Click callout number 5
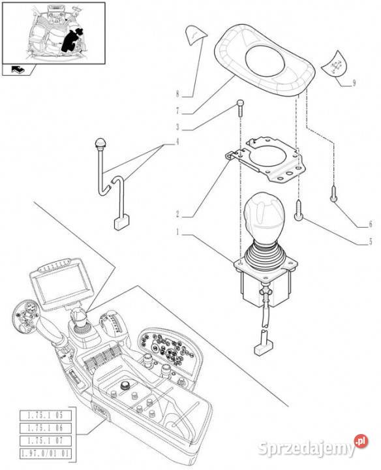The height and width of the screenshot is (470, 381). pos(370,242)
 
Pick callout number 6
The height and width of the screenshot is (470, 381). pos(370,224)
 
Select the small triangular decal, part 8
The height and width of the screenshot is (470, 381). pos(194,35)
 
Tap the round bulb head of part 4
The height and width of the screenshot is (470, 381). pos(100,142)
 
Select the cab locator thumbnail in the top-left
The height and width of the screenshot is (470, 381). pos(53,35)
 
